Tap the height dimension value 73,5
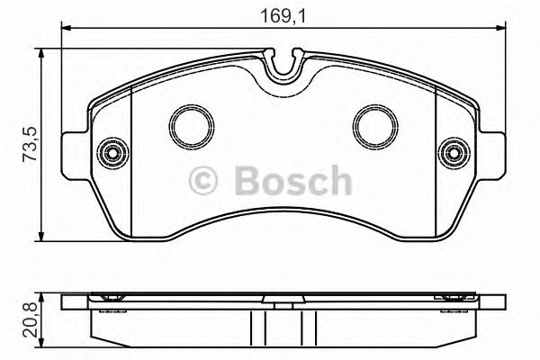coord(29,145)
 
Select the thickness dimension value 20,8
coord(29,316)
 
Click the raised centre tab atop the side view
coord(283,295)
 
